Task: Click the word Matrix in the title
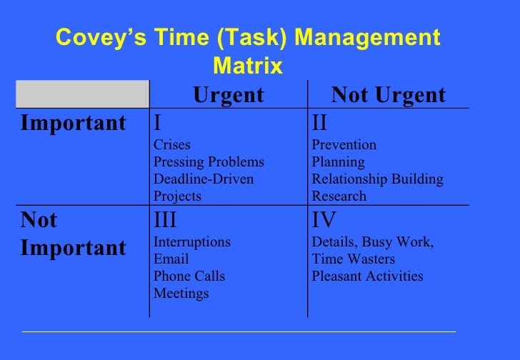click(248, 67)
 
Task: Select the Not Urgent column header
click(389, 95)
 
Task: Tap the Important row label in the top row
click(73, 123)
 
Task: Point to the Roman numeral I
click(157, 123)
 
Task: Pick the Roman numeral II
click(319, 123)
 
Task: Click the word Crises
click(172, 145)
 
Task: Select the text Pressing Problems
click(209, 162)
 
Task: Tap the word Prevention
click(344, 145)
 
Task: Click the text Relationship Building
click(378, 179)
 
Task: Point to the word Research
click(339, 196)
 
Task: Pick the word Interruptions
click(192, 242)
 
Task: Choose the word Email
click(171, 259)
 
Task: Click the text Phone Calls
click(189, 276)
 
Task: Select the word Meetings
click(181, 294)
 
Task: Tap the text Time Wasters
click(354, 259)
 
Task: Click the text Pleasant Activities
click(368, 276)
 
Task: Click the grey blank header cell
click(81, 95)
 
